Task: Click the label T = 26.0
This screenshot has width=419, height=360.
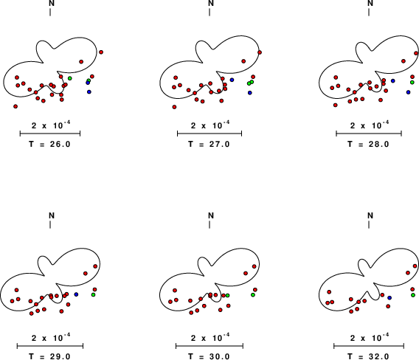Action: [x=49, y=145]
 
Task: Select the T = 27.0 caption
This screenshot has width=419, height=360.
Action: [x=209, y=145]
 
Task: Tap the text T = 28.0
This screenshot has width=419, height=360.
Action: [x=368, y=145]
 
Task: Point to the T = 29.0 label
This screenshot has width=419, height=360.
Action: [x=49, y=356]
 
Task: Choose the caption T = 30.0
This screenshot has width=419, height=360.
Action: [x=209, y=356]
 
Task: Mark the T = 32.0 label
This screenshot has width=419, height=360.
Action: [x=368, y=356]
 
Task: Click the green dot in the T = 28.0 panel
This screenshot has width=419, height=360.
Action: [x=412, y=82]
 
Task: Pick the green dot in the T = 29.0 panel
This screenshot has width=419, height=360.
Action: [x=93, y=294]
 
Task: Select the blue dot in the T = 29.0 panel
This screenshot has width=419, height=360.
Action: [x=76, y=294]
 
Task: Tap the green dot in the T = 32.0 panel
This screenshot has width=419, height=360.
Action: [x=413, y=295]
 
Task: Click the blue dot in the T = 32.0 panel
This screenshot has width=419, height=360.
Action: [x=389, y=298]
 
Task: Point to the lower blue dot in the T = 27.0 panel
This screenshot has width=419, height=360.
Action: [x=250, y=93]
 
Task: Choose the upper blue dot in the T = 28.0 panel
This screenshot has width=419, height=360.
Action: [x=392, y=80]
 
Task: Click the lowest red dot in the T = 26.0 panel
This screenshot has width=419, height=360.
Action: [x=15, y=106]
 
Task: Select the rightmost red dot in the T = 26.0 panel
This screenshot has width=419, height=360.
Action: [x=101, y=52]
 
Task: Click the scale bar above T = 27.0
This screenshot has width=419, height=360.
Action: [x=209, y=134]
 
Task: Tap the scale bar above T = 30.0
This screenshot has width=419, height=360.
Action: [x=209, y=346]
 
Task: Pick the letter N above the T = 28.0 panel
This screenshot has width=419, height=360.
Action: [x=370, y=3]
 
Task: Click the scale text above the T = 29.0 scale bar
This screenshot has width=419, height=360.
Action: [x=51, y=338]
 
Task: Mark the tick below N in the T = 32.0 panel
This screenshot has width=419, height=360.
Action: [x=369, y=225]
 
